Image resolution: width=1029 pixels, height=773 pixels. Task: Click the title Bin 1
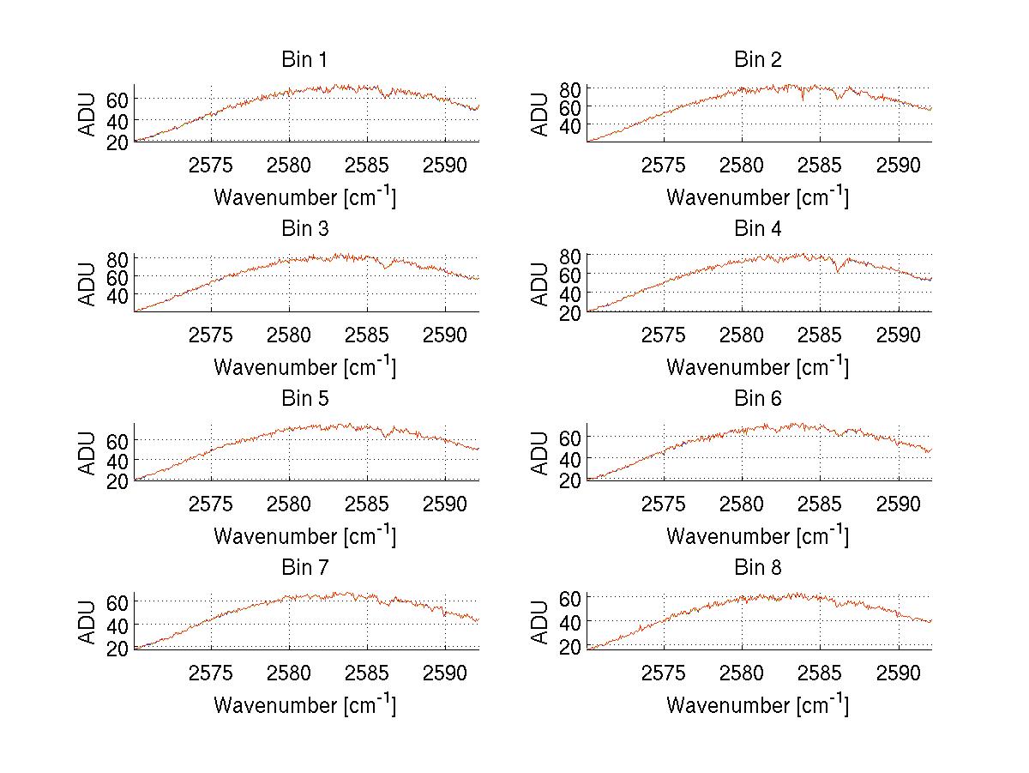304,60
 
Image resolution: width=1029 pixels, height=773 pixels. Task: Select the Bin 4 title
757,229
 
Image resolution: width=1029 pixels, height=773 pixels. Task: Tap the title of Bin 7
304,568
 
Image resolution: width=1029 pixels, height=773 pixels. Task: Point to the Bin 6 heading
757,399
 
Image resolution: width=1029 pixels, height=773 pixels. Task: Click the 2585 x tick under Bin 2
821,165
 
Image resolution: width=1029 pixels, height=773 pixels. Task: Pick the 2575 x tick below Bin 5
211,504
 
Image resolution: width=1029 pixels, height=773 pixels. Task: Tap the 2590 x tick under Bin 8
899,673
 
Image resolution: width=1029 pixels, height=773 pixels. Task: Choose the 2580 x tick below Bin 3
289,335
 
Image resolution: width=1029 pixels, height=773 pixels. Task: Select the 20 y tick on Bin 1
118,142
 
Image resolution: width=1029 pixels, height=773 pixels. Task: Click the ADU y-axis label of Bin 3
88,283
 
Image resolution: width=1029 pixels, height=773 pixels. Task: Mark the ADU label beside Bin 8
540,622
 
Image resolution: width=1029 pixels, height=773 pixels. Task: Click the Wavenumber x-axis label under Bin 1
304,196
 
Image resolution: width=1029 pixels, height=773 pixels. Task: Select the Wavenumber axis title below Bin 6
757,535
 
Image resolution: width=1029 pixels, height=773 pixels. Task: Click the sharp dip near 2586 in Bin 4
837,271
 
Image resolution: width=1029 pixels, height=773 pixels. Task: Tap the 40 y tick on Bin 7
118,625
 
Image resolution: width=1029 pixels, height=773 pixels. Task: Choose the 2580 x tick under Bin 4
742,335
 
